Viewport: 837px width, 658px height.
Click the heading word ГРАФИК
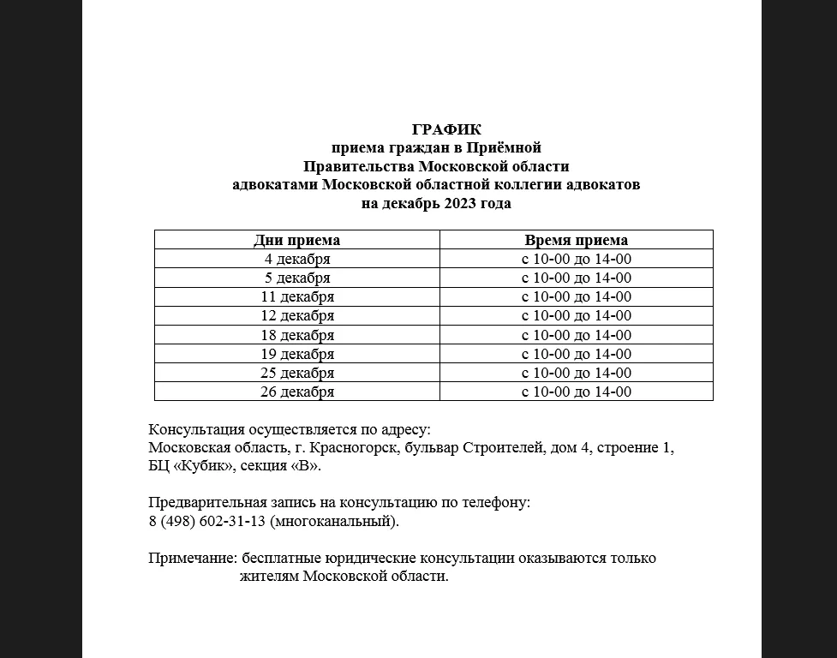(446, 129)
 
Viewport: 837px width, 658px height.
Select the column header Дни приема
(296, 240)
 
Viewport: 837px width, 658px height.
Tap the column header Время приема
(576, 240)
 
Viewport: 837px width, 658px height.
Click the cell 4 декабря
(296, 259)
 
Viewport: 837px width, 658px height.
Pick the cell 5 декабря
(296, 278)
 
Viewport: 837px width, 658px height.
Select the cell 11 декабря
(296, 296)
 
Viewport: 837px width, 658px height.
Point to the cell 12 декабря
(296, 315)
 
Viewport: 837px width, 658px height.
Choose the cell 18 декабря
(296, 335)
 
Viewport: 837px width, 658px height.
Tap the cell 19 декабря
(296, 354)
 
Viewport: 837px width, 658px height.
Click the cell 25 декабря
(296, 373)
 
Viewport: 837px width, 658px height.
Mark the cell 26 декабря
(296, 392)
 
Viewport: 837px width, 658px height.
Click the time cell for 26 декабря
(576, 392)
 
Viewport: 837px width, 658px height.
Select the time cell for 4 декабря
(576, 259)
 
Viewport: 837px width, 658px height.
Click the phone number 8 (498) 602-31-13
(206, 521)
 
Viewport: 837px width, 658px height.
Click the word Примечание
(193, 558)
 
